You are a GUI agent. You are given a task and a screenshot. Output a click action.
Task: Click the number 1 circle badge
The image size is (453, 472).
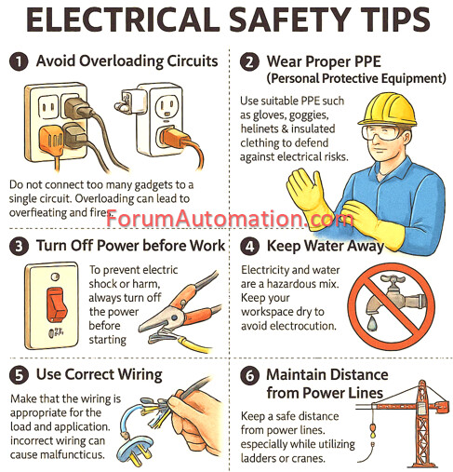tap(19, 61)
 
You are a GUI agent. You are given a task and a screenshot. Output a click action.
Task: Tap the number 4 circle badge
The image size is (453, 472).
tap(249, 246)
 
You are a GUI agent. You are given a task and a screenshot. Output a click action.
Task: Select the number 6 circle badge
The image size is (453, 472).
tap(249, 375)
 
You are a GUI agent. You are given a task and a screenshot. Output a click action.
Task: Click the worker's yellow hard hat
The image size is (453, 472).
tap(387, 109)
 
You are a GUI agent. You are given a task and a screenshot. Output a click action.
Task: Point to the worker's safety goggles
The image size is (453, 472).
tap(382, 132)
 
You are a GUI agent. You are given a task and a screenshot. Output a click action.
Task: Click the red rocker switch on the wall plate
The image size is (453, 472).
tap(57, 304)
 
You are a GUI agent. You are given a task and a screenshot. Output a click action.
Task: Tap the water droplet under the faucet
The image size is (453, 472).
tap(372, 323)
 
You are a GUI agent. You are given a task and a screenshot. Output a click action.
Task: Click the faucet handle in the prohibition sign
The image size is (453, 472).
tap(393, 279)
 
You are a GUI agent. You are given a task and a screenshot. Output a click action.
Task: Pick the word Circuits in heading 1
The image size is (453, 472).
tap(193, 61)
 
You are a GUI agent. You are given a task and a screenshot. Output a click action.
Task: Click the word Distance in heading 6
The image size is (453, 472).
tap(355, 374)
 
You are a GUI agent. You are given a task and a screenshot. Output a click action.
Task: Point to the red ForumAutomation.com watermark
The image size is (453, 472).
tap(230, 219)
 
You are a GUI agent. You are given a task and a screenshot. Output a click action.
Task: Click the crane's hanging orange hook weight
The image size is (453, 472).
tap(372, 430)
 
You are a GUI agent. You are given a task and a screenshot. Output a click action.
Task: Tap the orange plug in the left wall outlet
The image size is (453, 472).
tap(51, 139)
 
